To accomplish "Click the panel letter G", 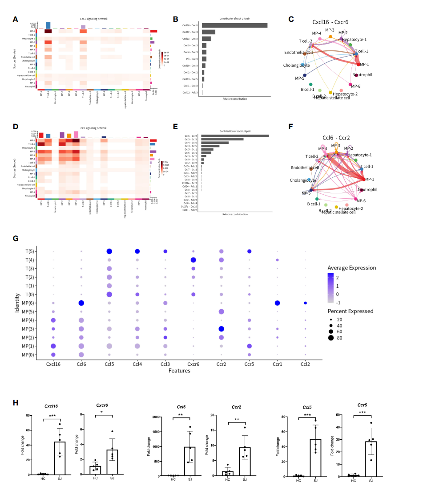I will point(16,238).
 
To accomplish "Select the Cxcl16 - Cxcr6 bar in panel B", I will point(234,25).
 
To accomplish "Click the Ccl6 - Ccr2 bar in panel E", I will point(235,135).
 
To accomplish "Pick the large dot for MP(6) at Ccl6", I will point(81,303).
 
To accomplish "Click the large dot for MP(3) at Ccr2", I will point(221,329).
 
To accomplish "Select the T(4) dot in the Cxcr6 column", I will point(193,260).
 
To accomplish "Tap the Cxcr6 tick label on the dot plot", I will point(193,364).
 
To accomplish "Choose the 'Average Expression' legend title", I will point(351,268).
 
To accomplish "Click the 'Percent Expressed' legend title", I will point(350,311).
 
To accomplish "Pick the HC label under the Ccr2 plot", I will point(227,479).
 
